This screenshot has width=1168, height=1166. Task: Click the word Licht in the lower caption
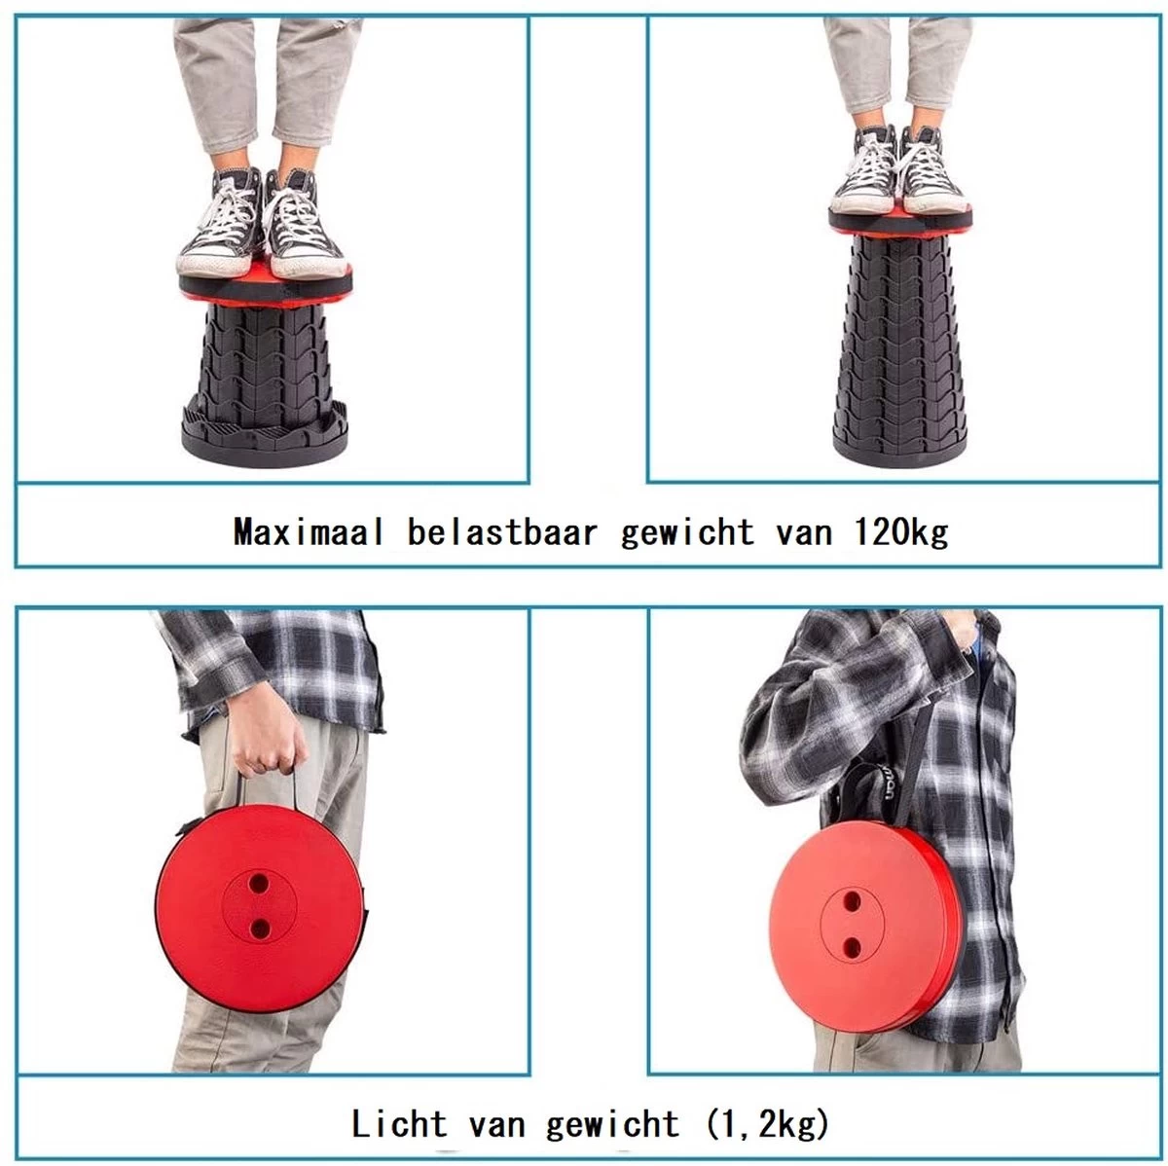click(x=399, y=1125)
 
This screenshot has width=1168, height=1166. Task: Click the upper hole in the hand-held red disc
click(x=260, y=883)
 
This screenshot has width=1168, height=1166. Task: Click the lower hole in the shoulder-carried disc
click(x=852, y=945)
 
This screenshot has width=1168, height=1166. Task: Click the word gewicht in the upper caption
click(x=687, y=532)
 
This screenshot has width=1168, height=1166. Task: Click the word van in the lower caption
click(x=496, y=1125)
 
